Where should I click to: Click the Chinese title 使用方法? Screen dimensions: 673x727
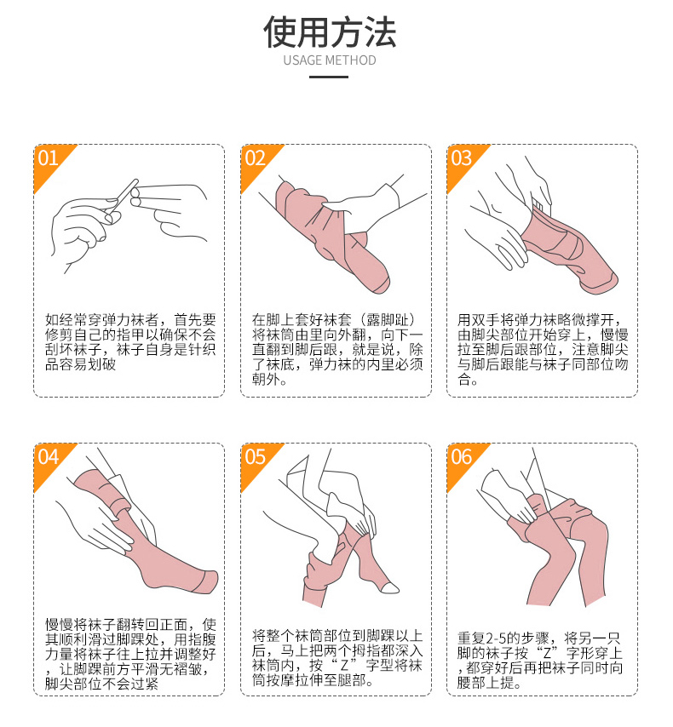[330, 32]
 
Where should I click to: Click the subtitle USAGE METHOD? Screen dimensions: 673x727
[330, 60]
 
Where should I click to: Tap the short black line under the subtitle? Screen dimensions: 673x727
[329, 77]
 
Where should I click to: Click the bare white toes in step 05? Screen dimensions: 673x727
[390, 587]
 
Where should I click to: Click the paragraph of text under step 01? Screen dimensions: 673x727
[130, 342]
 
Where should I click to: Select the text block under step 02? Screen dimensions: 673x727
[337, 350]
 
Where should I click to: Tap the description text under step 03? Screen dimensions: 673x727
[543, 350]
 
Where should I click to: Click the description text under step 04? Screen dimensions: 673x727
[130, 654]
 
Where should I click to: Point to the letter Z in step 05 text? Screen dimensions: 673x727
[344, 666]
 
